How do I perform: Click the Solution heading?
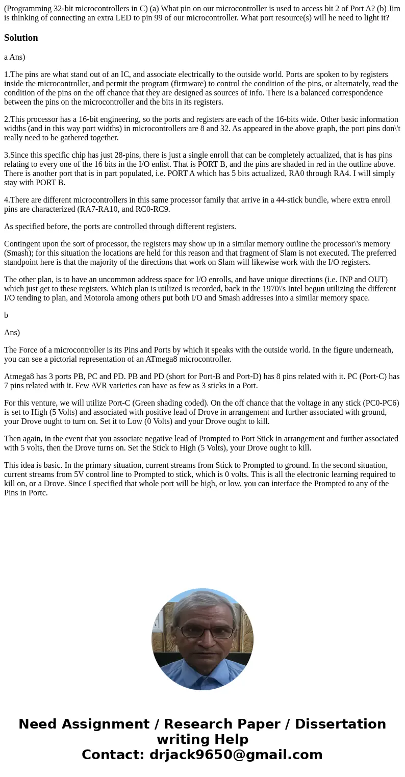[21, 38]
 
